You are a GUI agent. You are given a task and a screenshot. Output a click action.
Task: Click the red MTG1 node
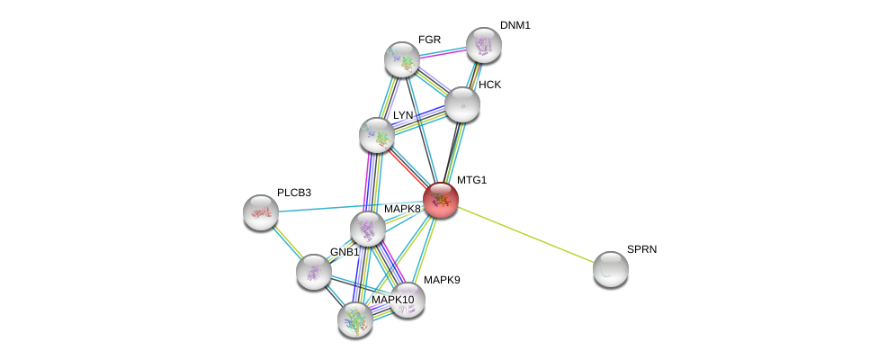coord(441,200)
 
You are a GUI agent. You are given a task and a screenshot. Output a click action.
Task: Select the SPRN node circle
coord(610,268)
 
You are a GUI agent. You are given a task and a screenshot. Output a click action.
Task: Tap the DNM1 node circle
coord(483,45)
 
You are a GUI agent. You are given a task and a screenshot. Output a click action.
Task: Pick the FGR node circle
coord(402,59)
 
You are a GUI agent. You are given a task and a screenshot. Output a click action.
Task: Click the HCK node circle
coord(461,104)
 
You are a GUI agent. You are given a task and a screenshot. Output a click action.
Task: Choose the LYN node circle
coord(377,135)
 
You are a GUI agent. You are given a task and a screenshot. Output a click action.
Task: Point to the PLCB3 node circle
coord(261,212)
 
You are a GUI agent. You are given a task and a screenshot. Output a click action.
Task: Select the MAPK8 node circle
coord(368,229)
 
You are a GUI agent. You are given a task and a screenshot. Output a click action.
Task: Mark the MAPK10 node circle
coord(355,319)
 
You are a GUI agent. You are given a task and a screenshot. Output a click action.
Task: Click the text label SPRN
coord(641,249)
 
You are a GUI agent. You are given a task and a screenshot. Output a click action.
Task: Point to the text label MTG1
coord(471,180)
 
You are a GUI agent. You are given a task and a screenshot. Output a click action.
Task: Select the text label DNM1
coord(515,25)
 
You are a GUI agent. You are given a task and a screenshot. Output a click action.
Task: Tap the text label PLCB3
coord(294,193)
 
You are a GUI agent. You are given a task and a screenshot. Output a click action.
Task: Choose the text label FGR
coord(430,40)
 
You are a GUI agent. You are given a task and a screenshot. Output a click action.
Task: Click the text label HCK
coord(490,85)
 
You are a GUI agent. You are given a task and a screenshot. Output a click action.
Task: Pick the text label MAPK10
coord(393,300)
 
